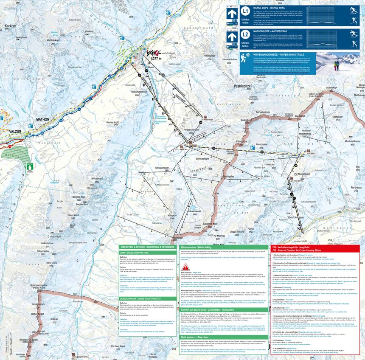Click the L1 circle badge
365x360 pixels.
245,11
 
